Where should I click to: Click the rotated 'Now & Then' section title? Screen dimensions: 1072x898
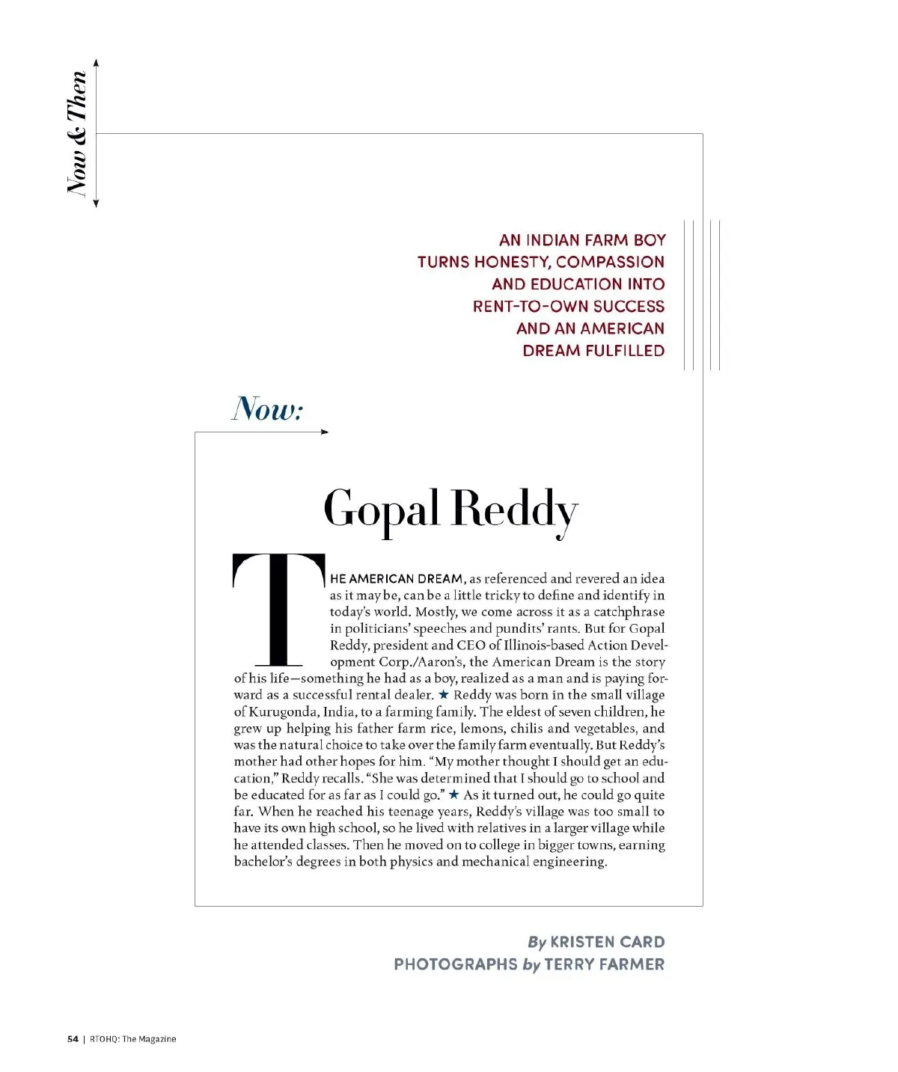[x=78, y=133]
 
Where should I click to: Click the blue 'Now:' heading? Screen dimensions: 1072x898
[x=267, y=409]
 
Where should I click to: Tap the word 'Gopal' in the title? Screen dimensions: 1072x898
[x=381, y=509]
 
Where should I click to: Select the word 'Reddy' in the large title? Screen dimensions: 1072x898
[x=515, y=509]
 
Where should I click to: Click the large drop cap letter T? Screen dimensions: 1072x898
[x=278, y=609]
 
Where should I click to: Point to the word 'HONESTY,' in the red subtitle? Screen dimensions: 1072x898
[x=514, y=262]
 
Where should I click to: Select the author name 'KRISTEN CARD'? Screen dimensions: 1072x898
[x=607, y=942]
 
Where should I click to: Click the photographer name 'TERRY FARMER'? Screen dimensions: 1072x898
[x=604, y=964]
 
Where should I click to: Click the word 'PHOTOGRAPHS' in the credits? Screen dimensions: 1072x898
[x=455, y=964]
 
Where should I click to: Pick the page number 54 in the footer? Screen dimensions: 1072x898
[x=73, y=1038]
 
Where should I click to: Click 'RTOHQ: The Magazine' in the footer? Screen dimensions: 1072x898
[x=133, y=1038]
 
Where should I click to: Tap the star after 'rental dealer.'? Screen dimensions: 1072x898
[x=443, y=694]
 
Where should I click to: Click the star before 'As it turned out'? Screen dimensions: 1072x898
[x=453, y=794]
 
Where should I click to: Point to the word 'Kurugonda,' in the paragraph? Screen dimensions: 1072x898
[x=284, y=711]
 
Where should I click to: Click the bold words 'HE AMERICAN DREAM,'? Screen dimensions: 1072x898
[x=398, y=578]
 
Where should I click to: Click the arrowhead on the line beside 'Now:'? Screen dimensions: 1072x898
[x=325, y=432]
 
